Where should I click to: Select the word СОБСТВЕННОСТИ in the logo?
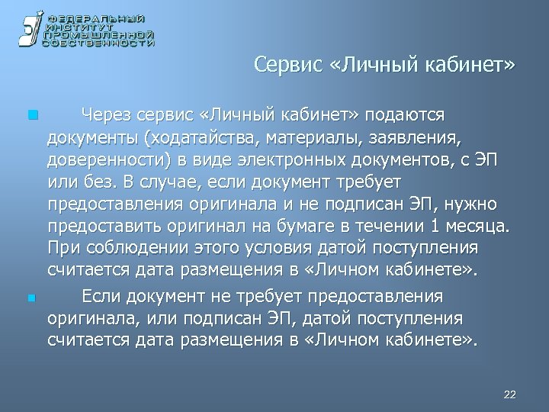pyautogui.click(x=98, y=43)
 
